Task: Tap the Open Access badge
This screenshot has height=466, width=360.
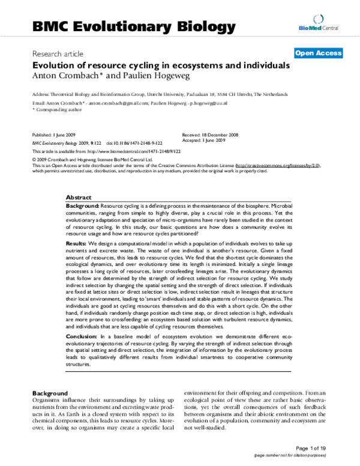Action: point(318,53)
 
